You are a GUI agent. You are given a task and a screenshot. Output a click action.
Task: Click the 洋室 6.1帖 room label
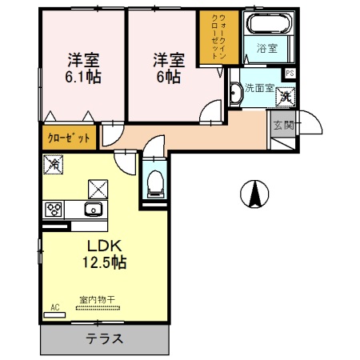coord(82,69)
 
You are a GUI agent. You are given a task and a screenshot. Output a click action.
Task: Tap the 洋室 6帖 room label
coord(168,69)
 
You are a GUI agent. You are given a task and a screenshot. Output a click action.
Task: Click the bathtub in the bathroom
coord(270,24)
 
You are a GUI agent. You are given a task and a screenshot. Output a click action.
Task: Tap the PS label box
coord(290,74)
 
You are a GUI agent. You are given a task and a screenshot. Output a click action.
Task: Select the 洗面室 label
coord(259,88)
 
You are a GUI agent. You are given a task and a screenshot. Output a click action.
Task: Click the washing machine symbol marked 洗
coord(286,97)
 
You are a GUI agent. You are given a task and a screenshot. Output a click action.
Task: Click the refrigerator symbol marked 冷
coord(52,164)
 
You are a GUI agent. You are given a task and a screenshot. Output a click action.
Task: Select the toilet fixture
coord(154,182)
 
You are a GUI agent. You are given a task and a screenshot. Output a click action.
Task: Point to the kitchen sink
coord(90,210)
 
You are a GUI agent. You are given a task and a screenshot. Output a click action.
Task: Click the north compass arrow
coord(254,194)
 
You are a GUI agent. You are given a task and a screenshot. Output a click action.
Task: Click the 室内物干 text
coord(97,301)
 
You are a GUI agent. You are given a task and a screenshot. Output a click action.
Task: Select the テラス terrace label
coord(105,338)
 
